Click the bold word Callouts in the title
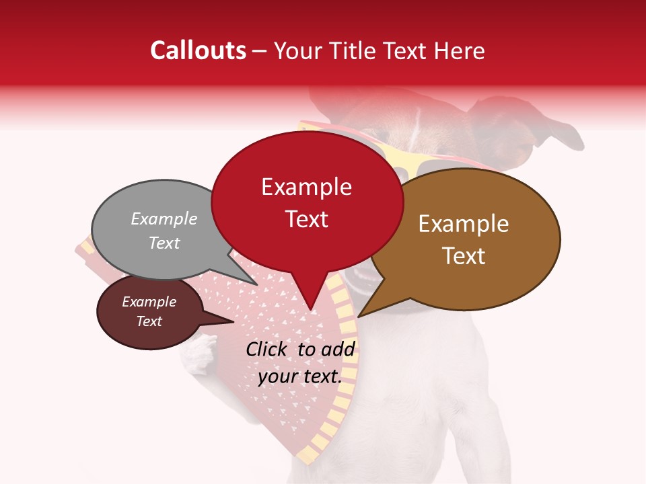198,50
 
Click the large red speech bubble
306,202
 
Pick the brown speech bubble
471,239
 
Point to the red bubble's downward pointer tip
311,310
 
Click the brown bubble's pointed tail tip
359,317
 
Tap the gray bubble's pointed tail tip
257,284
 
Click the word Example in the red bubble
306,187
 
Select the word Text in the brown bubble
464,256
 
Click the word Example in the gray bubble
164,219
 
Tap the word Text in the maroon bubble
149,321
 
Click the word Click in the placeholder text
267,349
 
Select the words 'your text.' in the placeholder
299,376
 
